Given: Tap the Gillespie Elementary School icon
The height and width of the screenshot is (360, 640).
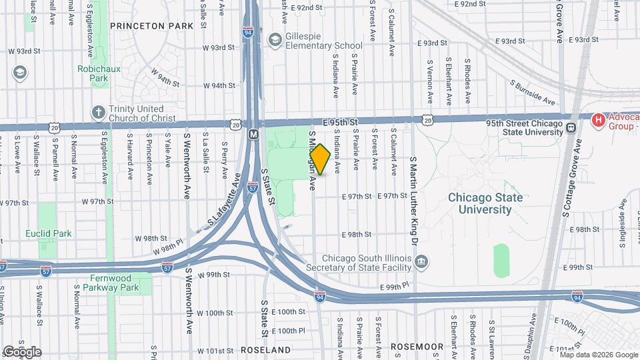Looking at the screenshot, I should pyautogui.click(x=274, y=40).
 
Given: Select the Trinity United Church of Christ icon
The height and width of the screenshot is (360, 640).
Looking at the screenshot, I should pyautogui.click(x=99, y=112).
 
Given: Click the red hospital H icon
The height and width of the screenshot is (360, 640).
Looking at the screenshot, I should pyautogui.click(x=598, y=121).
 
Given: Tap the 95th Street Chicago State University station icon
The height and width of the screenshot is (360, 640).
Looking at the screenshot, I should pyautogui.click(x=571, y=127).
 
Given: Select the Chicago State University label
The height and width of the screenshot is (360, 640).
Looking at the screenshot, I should pyautogui.click(x=479, y=203).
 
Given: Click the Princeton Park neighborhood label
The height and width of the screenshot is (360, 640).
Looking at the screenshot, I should pyautogui.click(x=151, y=26).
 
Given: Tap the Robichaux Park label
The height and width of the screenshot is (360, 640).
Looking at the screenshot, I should pyautogui.click(x=93, y=73).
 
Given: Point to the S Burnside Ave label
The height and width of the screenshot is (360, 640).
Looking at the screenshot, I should pyautogui.click(x=533, y=94).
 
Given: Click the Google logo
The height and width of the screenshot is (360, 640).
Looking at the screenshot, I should pyautogui.click(x=22, y=351).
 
